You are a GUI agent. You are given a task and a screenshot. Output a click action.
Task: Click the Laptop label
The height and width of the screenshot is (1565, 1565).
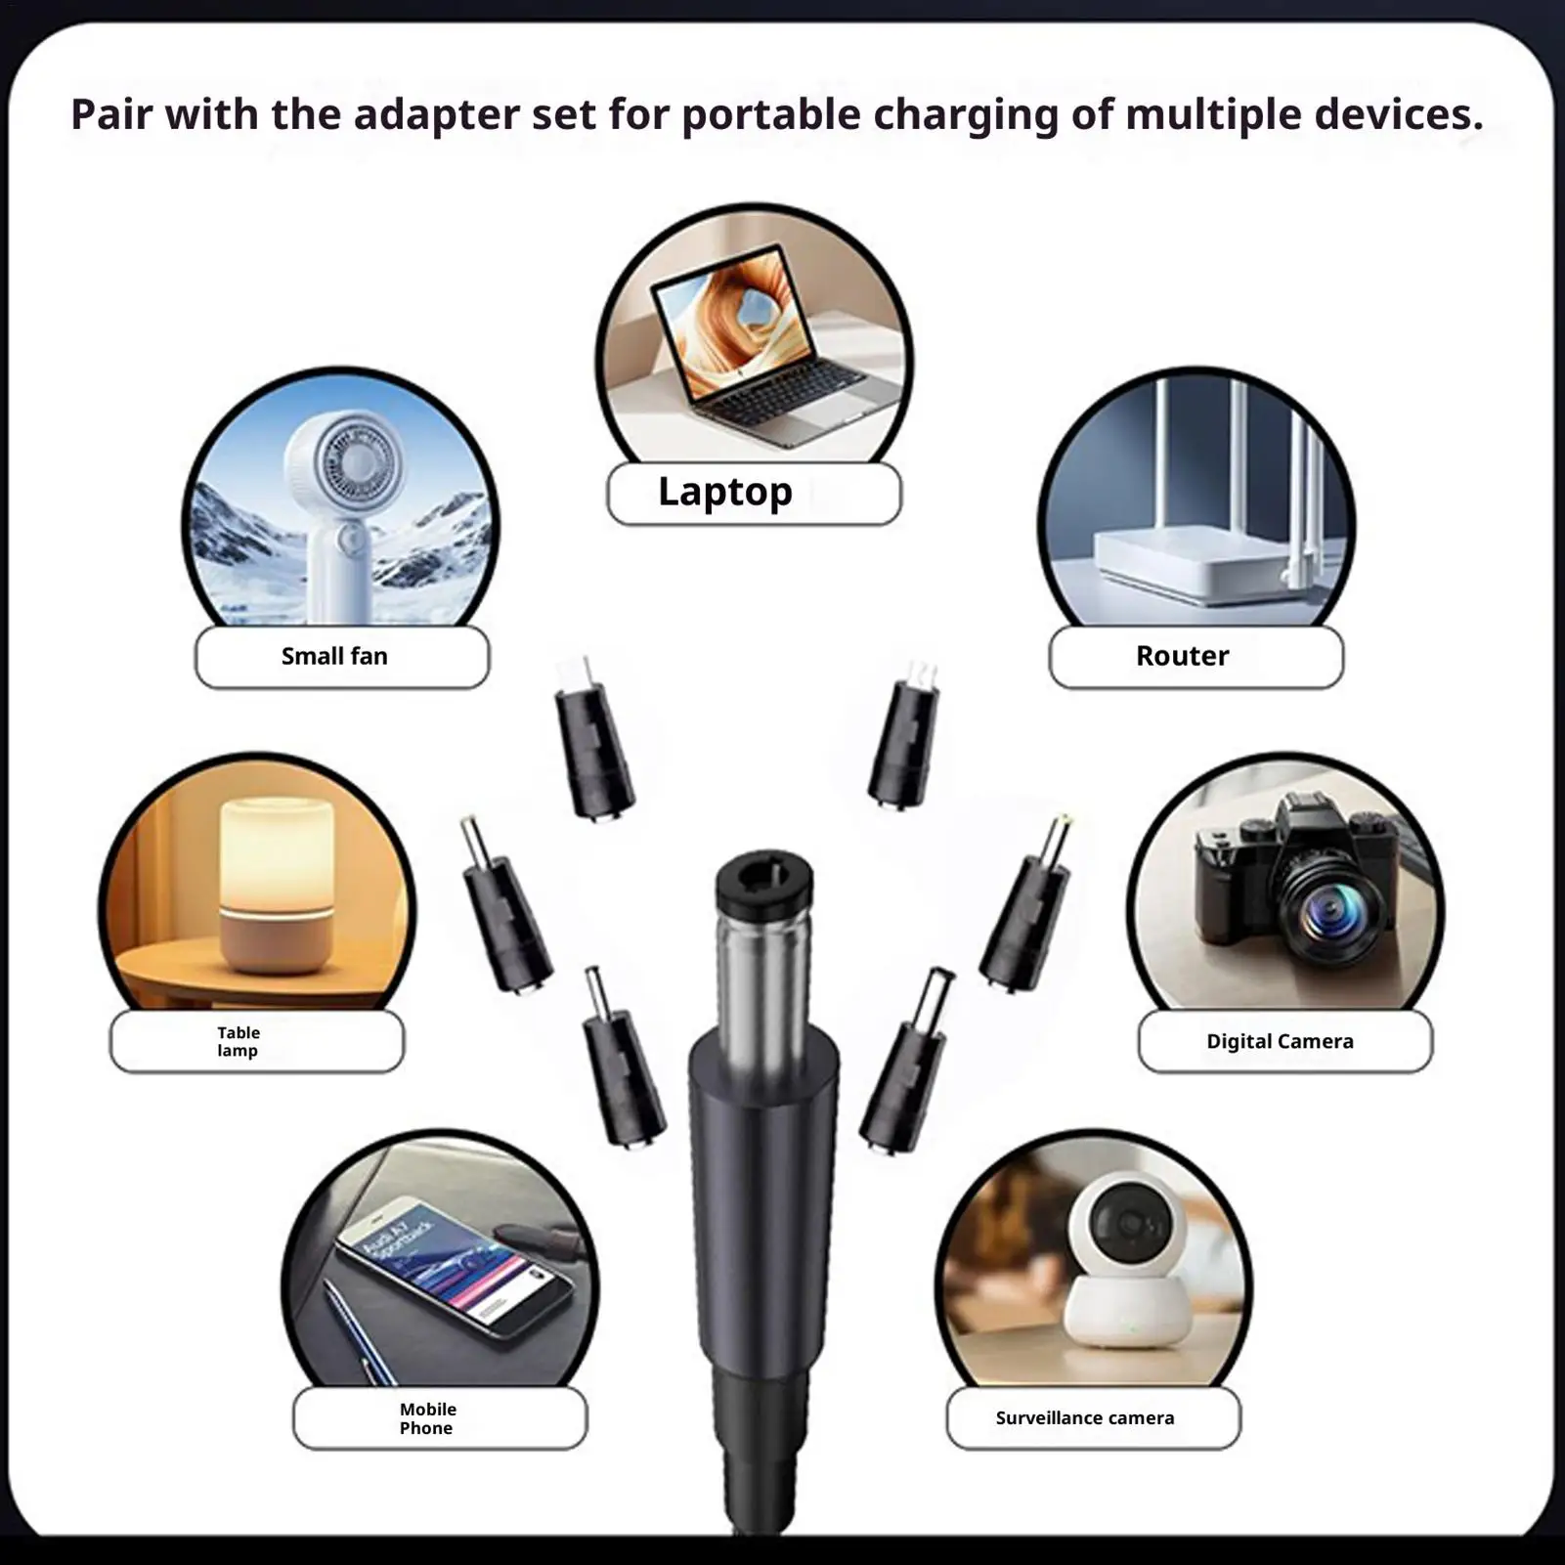tap(725, 492)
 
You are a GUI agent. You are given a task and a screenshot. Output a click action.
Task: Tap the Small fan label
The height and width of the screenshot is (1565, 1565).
tap(334, 656)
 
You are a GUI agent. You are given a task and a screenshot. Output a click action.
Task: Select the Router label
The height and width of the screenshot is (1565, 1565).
tap(1182, 656)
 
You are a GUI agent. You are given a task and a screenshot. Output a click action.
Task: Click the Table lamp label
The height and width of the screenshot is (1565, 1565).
tap(239, 1041)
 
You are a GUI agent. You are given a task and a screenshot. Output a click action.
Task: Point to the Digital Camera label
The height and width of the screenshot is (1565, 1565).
tap(1280, 1041)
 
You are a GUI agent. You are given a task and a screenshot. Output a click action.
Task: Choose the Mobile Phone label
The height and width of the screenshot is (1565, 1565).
tap(427, 1418)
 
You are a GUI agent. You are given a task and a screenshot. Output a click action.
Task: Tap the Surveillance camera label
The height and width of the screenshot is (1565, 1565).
tap(1085, 1417)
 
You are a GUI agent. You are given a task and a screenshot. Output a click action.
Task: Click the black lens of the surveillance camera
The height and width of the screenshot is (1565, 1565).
tap(1130, 1222)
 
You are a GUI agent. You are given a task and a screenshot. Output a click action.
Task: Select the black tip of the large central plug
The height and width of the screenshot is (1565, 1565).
tap(763, 880)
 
